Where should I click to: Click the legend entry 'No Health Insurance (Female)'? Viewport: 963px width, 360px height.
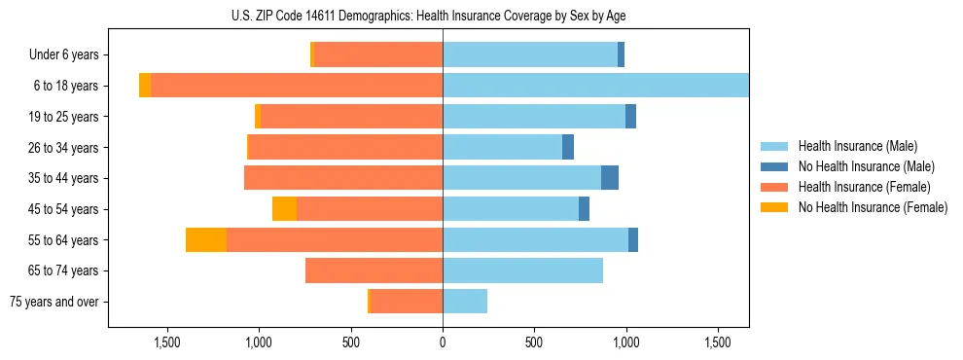pyautogui.click(x=873, y=207)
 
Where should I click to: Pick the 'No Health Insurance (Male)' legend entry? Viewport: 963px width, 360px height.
pyautogui.click(x=866, y=166)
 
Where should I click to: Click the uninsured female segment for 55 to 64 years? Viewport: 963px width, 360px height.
pyautogui.click(x=206, y=240)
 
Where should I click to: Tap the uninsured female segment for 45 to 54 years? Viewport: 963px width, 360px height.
pyautogui.click(x=284, y=209)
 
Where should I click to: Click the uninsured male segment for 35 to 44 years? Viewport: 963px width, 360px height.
pyautogui.click(x=610, y=178)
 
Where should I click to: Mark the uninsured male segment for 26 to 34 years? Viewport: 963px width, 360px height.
pyautogui.click(x=568, y=147)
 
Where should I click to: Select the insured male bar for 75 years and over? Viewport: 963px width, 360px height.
pyautogui.click(x=465, y=302)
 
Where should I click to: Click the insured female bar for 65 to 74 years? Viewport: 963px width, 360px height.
pyautogui.click(x=374, y=270)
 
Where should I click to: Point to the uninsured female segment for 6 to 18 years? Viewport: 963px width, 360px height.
pyautogui.click(x=145, y=86)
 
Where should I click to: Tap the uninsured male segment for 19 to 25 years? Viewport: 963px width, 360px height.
pyautogui.click(x=630, y=117)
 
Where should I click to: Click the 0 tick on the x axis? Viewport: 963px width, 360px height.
pyautogui.click(x=443, y=342)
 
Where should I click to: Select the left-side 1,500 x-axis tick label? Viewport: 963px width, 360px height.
pyautogui.click(x=167, y=342)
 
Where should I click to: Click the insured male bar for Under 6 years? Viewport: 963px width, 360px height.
pyautogui.click(x=530, y=54)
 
